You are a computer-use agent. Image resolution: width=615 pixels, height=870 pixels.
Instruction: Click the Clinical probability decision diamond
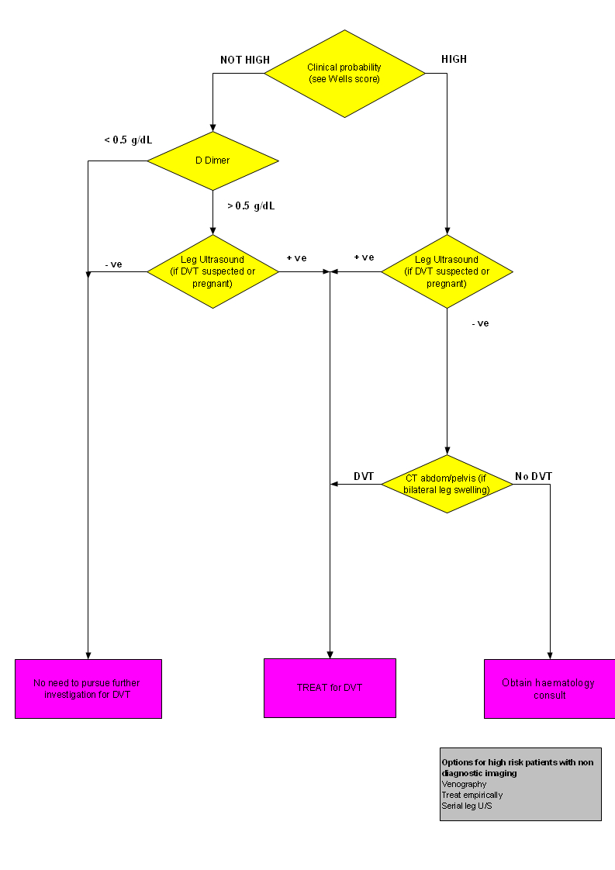click(x=344, y=74)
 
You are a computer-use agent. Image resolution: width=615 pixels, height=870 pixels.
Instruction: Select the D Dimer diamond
click(x=212, y=161)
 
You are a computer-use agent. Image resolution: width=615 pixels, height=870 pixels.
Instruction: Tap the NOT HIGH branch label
click(x=245, y=60)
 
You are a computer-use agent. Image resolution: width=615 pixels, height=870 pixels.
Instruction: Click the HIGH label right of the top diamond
click(x=454, y=60)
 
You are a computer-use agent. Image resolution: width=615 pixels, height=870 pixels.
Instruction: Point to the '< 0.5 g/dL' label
click(x=129, y=140)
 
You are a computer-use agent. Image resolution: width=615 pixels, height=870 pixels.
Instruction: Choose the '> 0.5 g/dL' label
click(x=250, y=205)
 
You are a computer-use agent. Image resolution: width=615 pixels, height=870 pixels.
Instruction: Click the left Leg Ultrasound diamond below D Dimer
click(x=212, y=271)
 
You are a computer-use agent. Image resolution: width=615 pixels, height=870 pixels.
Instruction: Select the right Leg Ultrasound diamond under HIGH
click(x=447, y=271)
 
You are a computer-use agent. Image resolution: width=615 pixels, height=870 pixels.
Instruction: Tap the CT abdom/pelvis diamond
click(x=447, y=484)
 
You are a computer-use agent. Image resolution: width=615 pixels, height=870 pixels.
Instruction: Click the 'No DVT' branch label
click(x=534, y=476)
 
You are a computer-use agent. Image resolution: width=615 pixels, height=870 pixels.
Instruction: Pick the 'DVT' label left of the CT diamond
click(x=364, y=476)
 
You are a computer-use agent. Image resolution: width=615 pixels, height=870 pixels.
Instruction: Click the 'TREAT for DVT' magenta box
click(x=330, y=688)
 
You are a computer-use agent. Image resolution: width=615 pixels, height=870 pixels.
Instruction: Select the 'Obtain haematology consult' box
click(x=549, y=689)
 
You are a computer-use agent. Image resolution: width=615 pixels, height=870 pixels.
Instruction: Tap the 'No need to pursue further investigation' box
click(x=88, y=689)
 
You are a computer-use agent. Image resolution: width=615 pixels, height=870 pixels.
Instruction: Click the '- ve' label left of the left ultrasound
click(x=113, y=264)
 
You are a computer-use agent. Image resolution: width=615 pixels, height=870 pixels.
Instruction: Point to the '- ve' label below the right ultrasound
click(x=480, y=323)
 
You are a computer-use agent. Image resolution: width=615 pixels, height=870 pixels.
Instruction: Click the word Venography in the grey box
click(x=464, y=784)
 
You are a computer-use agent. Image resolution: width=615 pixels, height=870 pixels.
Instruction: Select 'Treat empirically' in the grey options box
click(x=472, y=795)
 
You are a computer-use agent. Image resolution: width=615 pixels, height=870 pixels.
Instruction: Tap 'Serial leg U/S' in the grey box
click(x=466, y=806)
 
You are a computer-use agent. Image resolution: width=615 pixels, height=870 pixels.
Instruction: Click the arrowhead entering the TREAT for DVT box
click(x=330, y=654)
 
